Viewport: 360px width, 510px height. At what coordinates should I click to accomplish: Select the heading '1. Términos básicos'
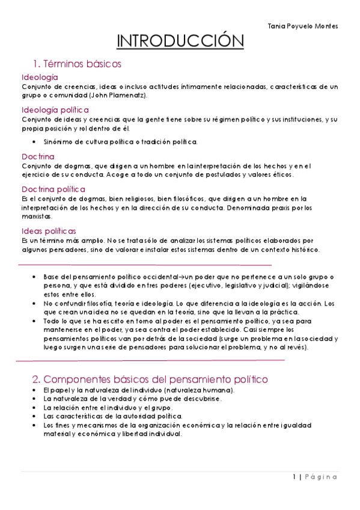coord(78,63)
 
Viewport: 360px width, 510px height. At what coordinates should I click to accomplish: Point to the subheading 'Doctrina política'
coord(54,189)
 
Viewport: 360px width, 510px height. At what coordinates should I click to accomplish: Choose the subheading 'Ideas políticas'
coord(49,230)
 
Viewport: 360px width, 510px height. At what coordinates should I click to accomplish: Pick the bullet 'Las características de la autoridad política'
coord(113,416)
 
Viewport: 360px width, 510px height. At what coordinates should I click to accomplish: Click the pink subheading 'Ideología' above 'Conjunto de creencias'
coord(40,78)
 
